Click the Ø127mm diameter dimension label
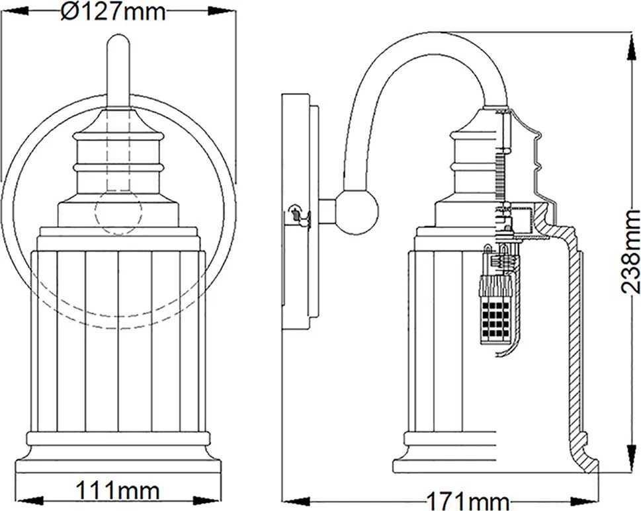point(113,13)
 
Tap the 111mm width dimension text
point(118,490)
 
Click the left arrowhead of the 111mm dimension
point(29,501)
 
